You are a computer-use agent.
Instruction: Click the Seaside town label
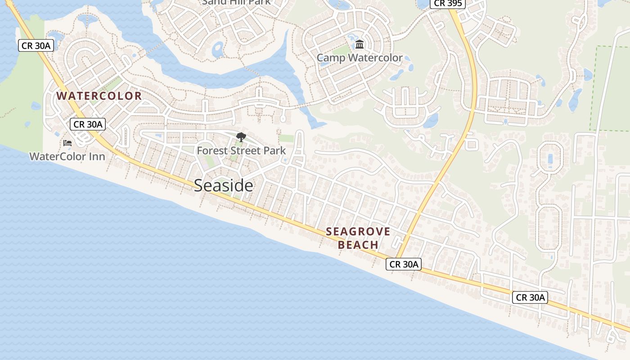tap(223, 185)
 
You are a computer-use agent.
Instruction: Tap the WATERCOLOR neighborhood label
tap(99, 96)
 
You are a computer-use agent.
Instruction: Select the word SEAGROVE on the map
tap(358, 232)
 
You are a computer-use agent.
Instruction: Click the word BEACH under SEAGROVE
tap(358, 245)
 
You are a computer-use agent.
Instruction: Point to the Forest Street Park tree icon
tap(241, 137)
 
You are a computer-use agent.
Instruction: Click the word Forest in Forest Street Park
tap(210, 151)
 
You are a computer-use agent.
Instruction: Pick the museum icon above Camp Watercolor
tap(360, 45)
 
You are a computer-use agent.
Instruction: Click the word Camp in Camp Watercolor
tap(331, 58)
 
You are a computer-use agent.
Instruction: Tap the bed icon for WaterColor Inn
tap(67, 144)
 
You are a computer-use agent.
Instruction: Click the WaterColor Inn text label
tap(67, 157)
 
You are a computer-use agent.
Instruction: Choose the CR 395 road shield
tap(447, 4)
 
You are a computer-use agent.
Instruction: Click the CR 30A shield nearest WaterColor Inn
tap(88, 124)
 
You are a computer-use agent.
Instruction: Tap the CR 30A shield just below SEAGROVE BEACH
tap(404, 264)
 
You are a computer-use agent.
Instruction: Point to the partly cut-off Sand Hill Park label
tap(236, 2)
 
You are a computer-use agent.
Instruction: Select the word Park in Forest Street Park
tap(275, 151)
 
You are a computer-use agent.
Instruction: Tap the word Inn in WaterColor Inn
tap(97, 157)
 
